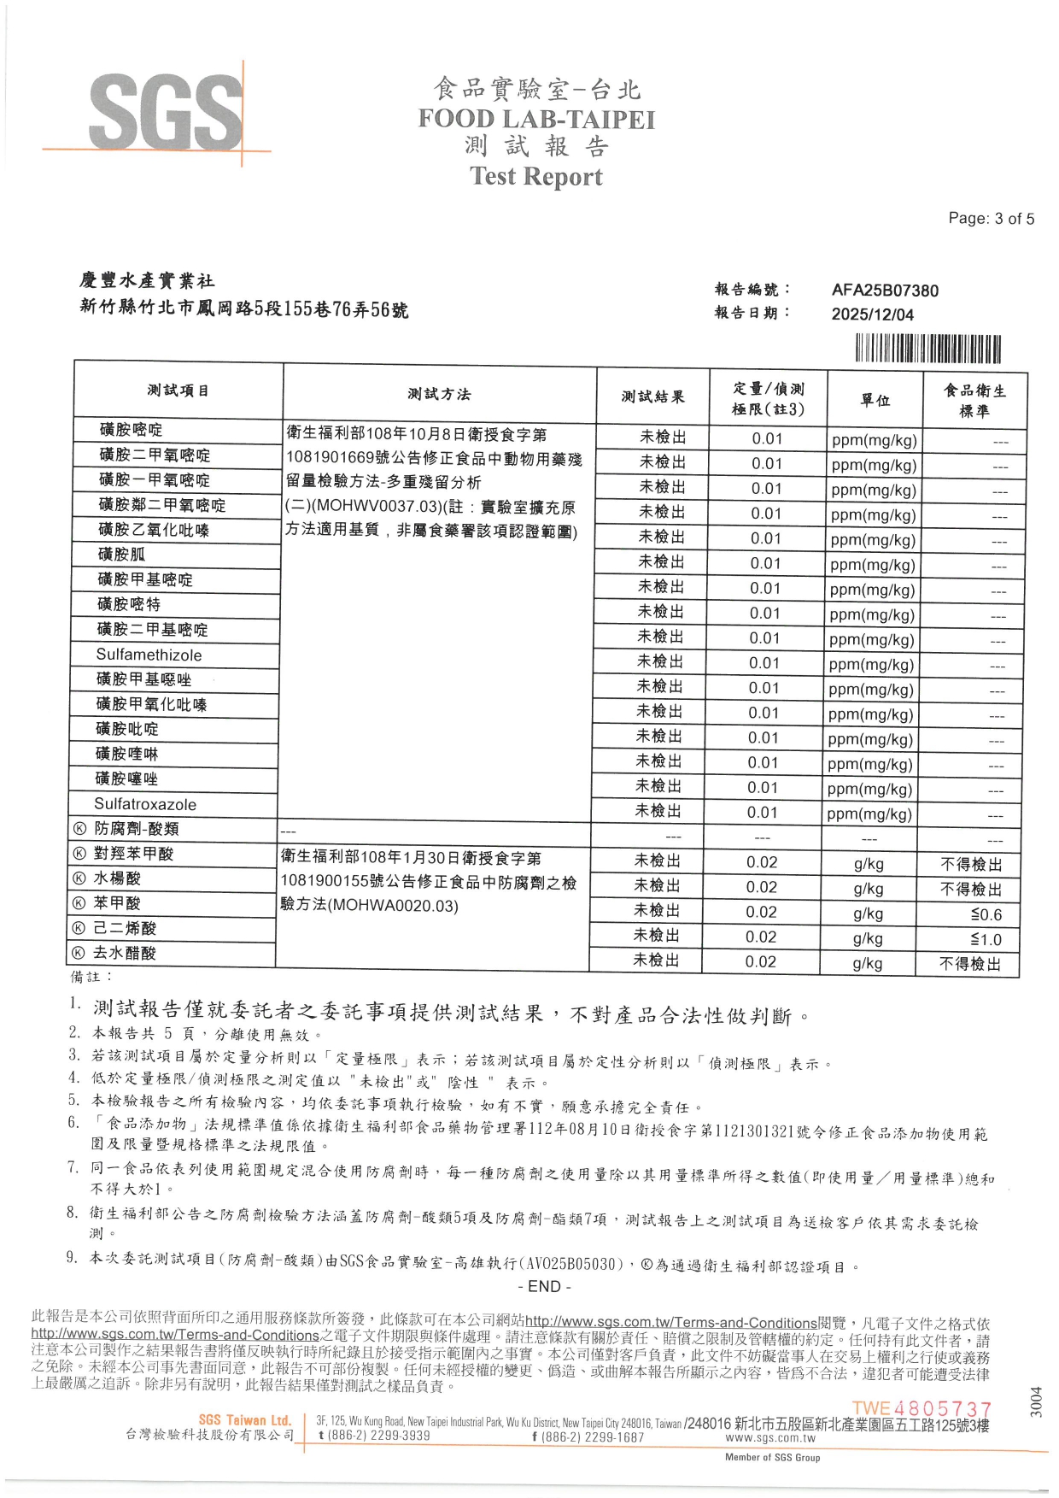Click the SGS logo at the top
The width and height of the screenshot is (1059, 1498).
click(x=167, y=112)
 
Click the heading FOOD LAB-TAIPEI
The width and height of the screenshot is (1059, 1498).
click(x=536, y=119)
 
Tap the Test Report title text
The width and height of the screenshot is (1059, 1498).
click(x=536, y=176)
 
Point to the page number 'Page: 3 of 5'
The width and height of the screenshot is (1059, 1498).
click(x=991, y=219)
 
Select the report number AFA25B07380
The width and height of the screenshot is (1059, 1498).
click(x=885, y=291)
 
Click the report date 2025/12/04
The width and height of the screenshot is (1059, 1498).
click(x=872, y=314)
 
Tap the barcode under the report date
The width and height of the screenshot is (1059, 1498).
click(x=927, y=350)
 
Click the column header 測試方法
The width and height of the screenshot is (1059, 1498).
click(x=439, y=394)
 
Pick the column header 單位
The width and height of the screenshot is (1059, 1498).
click(x=875, y=400)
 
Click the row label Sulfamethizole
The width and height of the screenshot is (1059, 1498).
click(x=149, y=655)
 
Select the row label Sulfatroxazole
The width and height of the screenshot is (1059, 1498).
click(x=145, y=804)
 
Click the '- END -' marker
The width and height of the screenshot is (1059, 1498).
click(x=544, y=1287)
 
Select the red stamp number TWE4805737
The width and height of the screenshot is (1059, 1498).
click(x=922, y=1408)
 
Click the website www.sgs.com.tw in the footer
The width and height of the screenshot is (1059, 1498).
click(x=769, y=1438)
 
